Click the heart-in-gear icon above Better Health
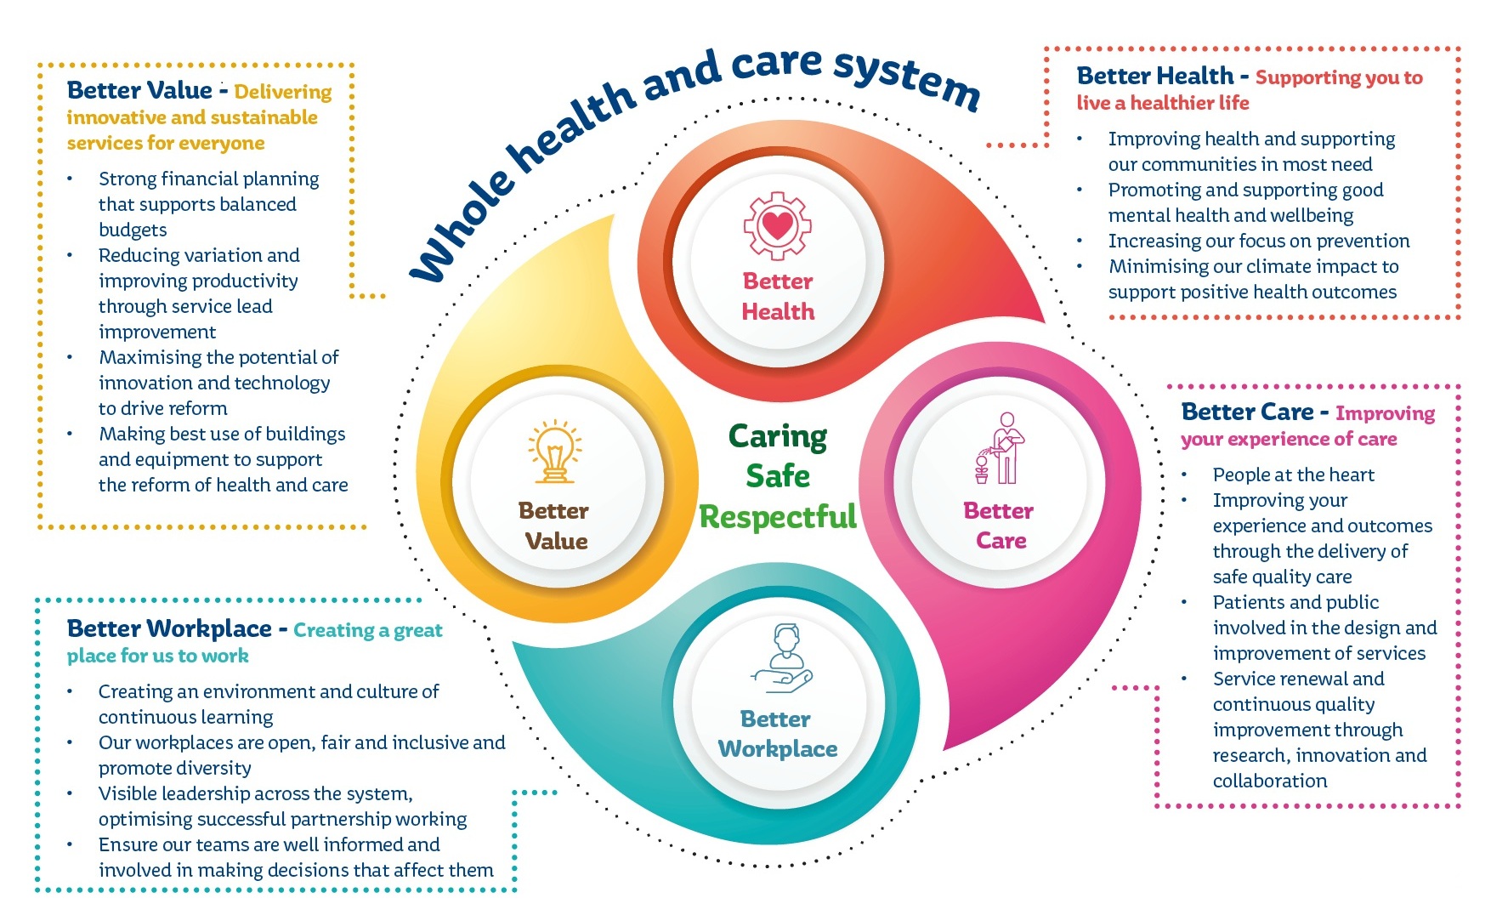(777, 225)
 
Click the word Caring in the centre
(778, 436)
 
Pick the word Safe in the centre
(778, 476)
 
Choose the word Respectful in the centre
(778, 516)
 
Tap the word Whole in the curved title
(464, 229)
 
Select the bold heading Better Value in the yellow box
(139, 90)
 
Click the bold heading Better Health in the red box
(1154, 77)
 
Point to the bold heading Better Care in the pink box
(1247, 412)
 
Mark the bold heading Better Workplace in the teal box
(169, 629)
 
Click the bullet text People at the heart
(1293, 475)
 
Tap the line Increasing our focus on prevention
(1258, 241)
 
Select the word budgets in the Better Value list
(133, 230)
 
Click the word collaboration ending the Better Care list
(1269, 781)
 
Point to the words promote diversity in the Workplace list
(174, 768)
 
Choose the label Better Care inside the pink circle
(1000, 526)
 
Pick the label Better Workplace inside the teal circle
(777, 734)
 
